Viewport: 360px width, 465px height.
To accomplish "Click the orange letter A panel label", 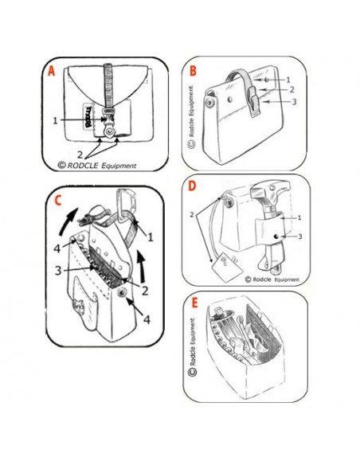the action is point(52,71).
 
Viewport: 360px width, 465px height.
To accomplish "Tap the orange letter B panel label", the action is point(193,71).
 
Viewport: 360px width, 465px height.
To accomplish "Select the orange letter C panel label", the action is point(58,201).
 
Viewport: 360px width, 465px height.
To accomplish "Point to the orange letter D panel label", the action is point(192,186).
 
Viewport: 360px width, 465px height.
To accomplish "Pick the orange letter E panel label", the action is point(194,303).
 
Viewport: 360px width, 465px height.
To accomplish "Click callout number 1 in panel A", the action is point(55,121).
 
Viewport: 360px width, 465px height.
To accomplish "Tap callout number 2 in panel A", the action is point(80,154).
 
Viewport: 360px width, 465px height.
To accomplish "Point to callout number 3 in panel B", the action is point(294,102).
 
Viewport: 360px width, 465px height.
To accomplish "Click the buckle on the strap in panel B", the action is point(254,101).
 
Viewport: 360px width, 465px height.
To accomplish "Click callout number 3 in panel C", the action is point(58,271).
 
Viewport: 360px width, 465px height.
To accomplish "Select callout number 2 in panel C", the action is point(145,291).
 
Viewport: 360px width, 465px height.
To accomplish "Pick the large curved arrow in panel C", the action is point(69,221).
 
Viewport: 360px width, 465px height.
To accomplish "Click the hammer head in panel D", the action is point(269,190).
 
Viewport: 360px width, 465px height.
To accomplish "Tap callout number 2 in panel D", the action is point(192,214).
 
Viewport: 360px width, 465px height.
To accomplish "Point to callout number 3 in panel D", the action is point(299,236).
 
